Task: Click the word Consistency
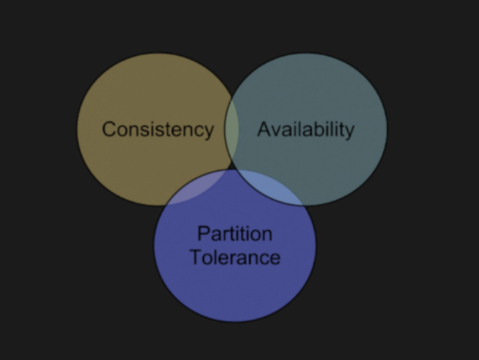coord(158,129)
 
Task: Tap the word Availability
coord(306,129)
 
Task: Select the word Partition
coord(235,234)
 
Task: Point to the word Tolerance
coord(235,257)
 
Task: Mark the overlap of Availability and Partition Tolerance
coord(272,186)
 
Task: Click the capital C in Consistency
coord(109,129)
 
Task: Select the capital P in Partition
coord(203,234)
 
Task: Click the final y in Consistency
coord(210,131)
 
